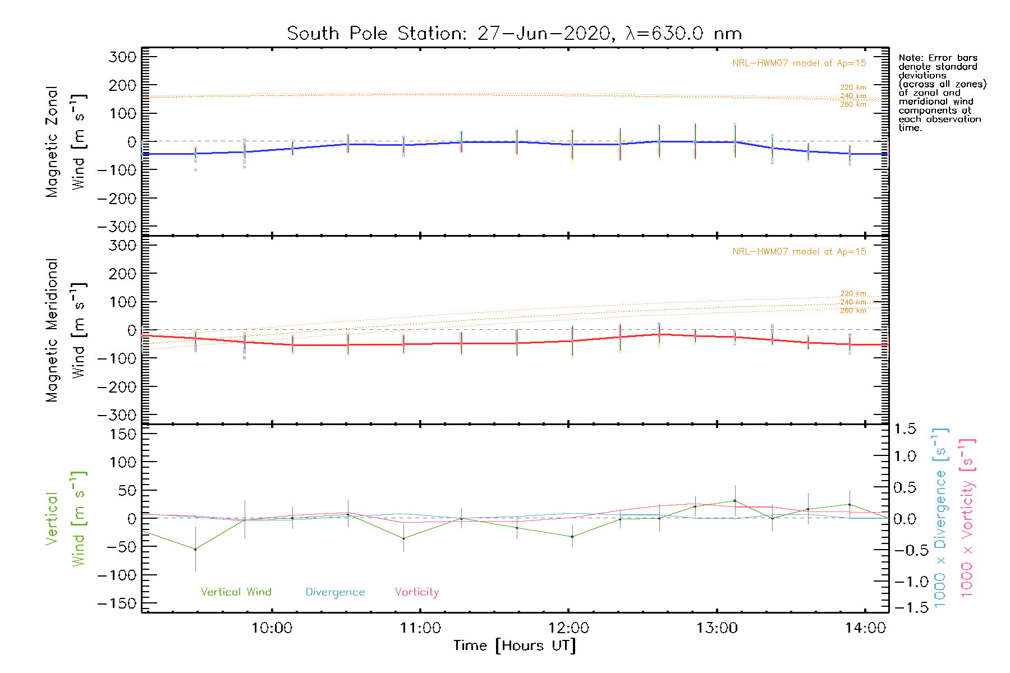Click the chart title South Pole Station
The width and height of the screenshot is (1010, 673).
(514, 34)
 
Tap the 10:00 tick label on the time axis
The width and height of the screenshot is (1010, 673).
(272, 628)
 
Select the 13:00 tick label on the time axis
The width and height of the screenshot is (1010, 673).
(717, 628)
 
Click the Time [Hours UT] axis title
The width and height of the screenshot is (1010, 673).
(515, 646)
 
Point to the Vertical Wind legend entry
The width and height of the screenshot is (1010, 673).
(236, 592)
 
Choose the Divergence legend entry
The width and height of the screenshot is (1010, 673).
(335, 592)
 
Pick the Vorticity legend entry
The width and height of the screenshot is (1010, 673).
(416, 592)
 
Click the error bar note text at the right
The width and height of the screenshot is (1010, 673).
(942, 93)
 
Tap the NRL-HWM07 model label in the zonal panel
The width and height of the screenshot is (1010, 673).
(799, 63)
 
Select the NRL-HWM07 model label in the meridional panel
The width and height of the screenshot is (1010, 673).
(799, 252)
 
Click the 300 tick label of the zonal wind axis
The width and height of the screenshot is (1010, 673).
(123, 57)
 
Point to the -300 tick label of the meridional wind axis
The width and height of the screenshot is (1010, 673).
(117, 416)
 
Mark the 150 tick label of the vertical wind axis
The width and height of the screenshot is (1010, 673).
(123, 434)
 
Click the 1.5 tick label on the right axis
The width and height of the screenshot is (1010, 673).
(905, 429)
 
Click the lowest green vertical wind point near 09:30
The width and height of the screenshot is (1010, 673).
(195, 549)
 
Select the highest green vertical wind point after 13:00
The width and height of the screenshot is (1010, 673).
(734, 501)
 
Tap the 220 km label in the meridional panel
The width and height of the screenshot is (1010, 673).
(853, 293)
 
